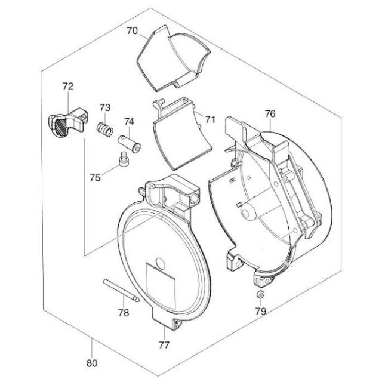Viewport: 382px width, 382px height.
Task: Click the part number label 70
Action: (133, 31)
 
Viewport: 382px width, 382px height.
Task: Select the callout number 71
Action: (210, 119)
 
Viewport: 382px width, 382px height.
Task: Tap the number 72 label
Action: (67, 86)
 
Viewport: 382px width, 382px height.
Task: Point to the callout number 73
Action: (105, 107)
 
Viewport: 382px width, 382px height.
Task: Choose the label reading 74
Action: (129, 121)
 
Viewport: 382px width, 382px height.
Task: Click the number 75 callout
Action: (95, 178)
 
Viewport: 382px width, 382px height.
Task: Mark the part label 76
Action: (270, 113)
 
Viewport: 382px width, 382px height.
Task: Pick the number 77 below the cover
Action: (164, 345)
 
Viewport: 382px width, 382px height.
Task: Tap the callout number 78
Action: (124, 313)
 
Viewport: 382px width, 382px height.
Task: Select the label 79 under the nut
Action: (261, 311)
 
